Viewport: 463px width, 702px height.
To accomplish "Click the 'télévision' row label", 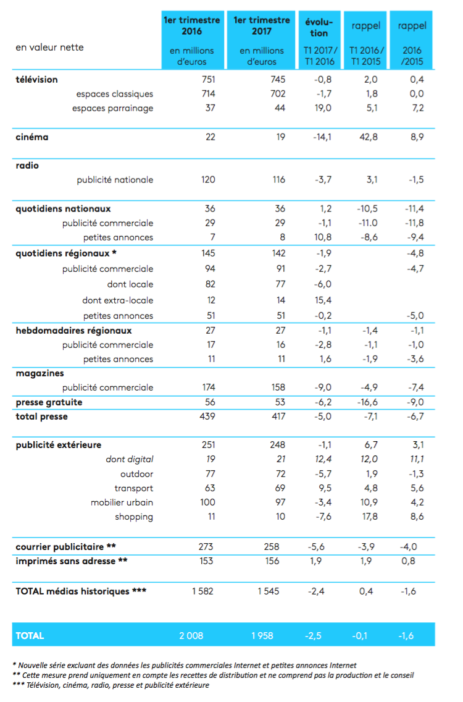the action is pyautogui.click(x=36, y=80).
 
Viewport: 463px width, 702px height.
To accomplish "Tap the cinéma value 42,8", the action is pyautogui.click(x=368, y=137).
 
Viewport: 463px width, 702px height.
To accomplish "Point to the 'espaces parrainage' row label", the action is pyautogui.click(x=113, y=108).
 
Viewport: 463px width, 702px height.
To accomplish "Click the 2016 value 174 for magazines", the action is pyautogui.click(x=209, y=387).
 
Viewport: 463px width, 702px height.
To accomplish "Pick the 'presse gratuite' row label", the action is pyautogui.click(x=49, y=402).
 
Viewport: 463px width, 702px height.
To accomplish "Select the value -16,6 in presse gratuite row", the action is pyautogui.click(x=367, y=402).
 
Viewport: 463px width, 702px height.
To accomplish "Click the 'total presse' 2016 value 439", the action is pyautogui.click(x=207, y=417).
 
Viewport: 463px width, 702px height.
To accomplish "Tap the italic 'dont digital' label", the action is pyautogui.click(x=129, y=459).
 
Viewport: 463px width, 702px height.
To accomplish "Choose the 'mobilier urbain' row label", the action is pyautogui.click(x=122, y=502).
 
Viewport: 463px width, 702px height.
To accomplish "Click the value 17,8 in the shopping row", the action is pyautogui.click(x=370, y=517).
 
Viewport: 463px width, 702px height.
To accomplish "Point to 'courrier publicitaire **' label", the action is pyautogui.click(x=66, y=547).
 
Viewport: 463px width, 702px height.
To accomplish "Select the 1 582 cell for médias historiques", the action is pyautogui.click(x=202, y=591).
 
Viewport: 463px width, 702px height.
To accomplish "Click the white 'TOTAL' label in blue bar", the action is pyautogui.click(x=30, y=636).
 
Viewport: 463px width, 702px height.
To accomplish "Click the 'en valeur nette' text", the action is pyautogui.click(x=49, y=48).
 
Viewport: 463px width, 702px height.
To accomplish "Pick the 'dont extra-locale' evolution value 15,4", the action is pyautogui.click(x=323, y=300).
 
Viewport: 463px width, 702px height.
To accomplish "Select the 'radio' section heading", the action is pyautogui.click(x=27, y=166).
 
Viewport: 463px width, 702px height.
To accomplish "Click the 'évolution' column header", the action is pyautogui.click(x=319, y=27).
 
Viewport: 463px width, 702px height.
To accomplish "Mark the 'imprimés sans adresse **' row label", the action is pyautogui.click(x=72, y=561).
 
